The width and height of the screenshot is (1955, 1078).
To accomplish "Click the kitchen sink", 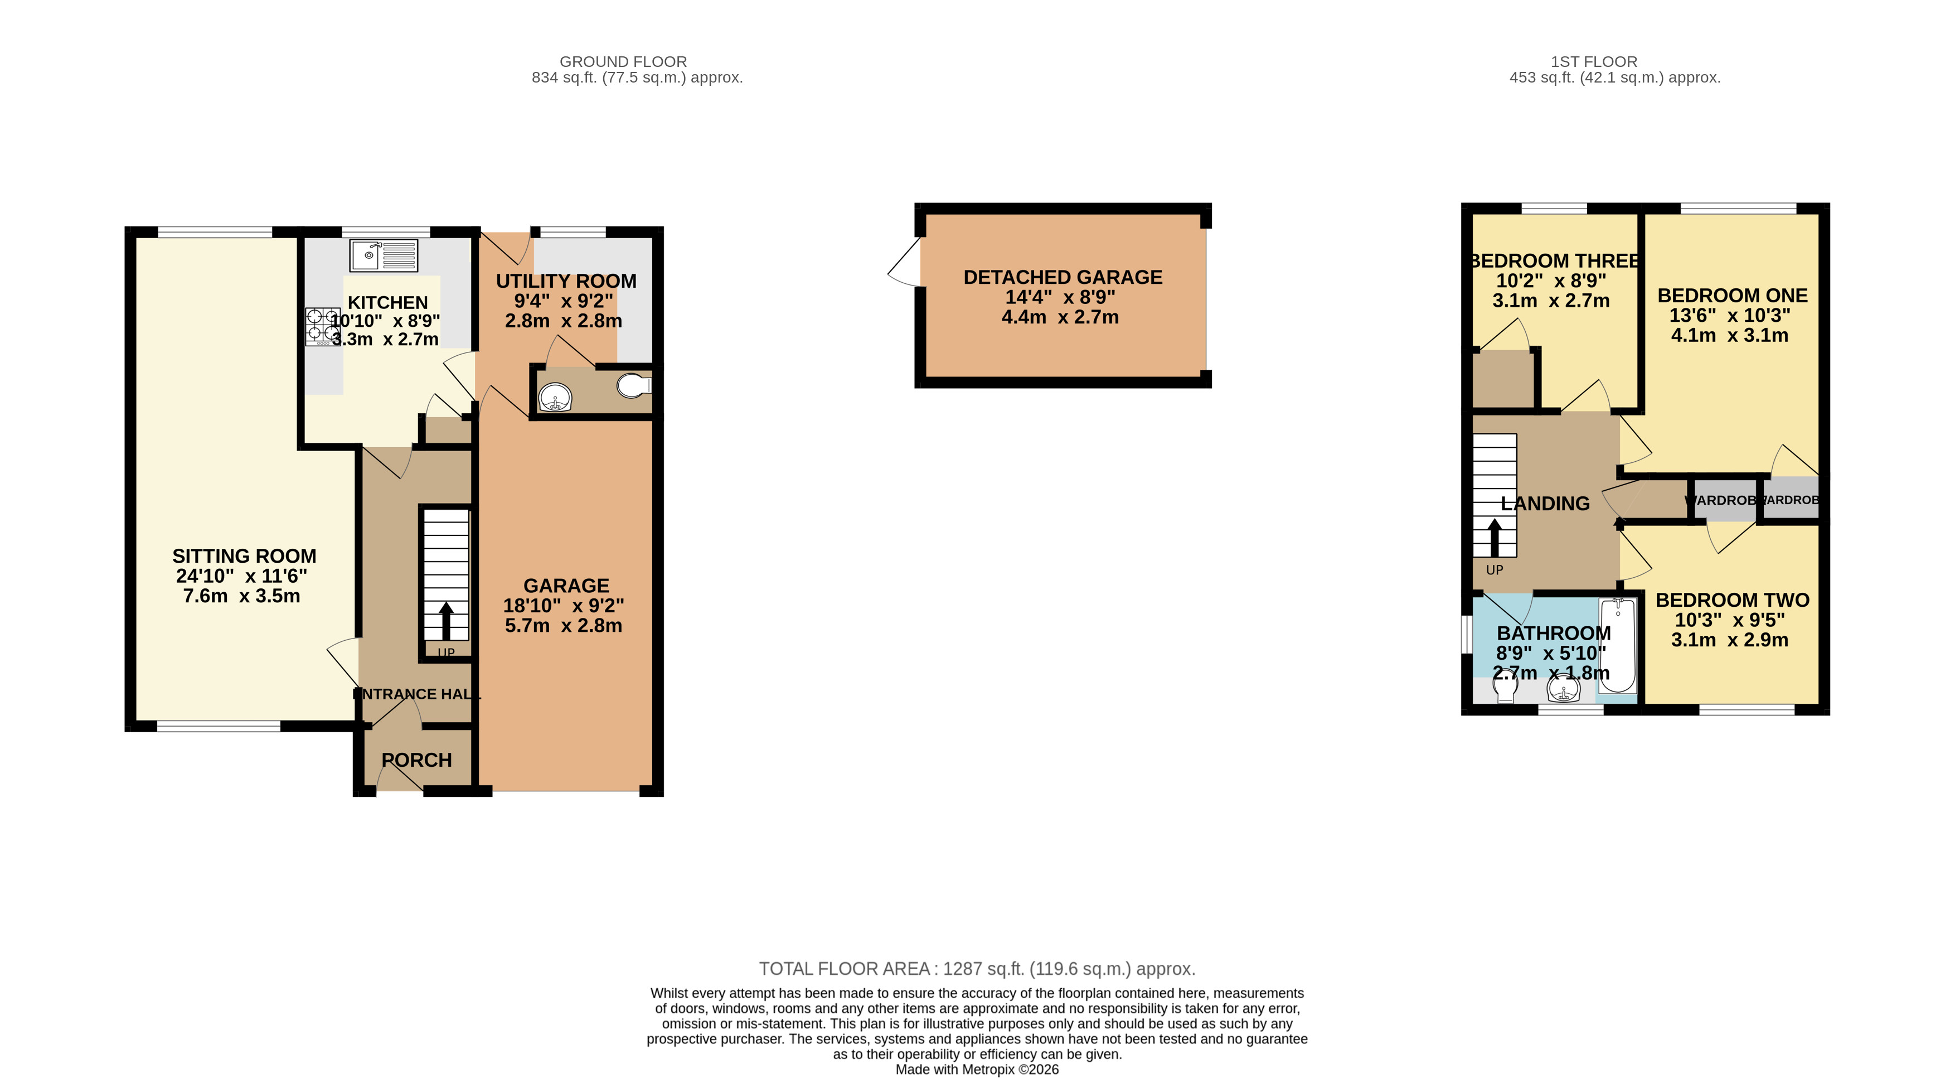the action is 384,255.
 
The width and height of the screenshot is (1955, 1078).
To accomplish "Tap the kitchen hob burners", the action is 323,326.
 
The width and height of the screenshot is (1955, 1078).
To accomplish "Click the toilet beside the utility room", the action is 634,386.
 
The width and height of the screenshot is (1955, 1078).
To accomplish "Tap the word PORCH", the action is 416,760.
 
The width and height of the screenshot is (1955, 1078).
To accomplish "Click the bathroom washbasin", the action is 1564,689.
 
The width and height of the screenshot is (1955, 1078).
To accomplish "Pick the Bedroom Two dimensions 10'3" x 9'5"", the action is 1730,620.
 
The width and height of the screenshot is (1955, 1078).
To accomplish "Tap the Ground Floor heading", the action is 623,61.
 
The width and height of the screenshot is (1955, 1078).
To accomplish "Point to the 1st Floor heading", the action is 1594,61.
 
